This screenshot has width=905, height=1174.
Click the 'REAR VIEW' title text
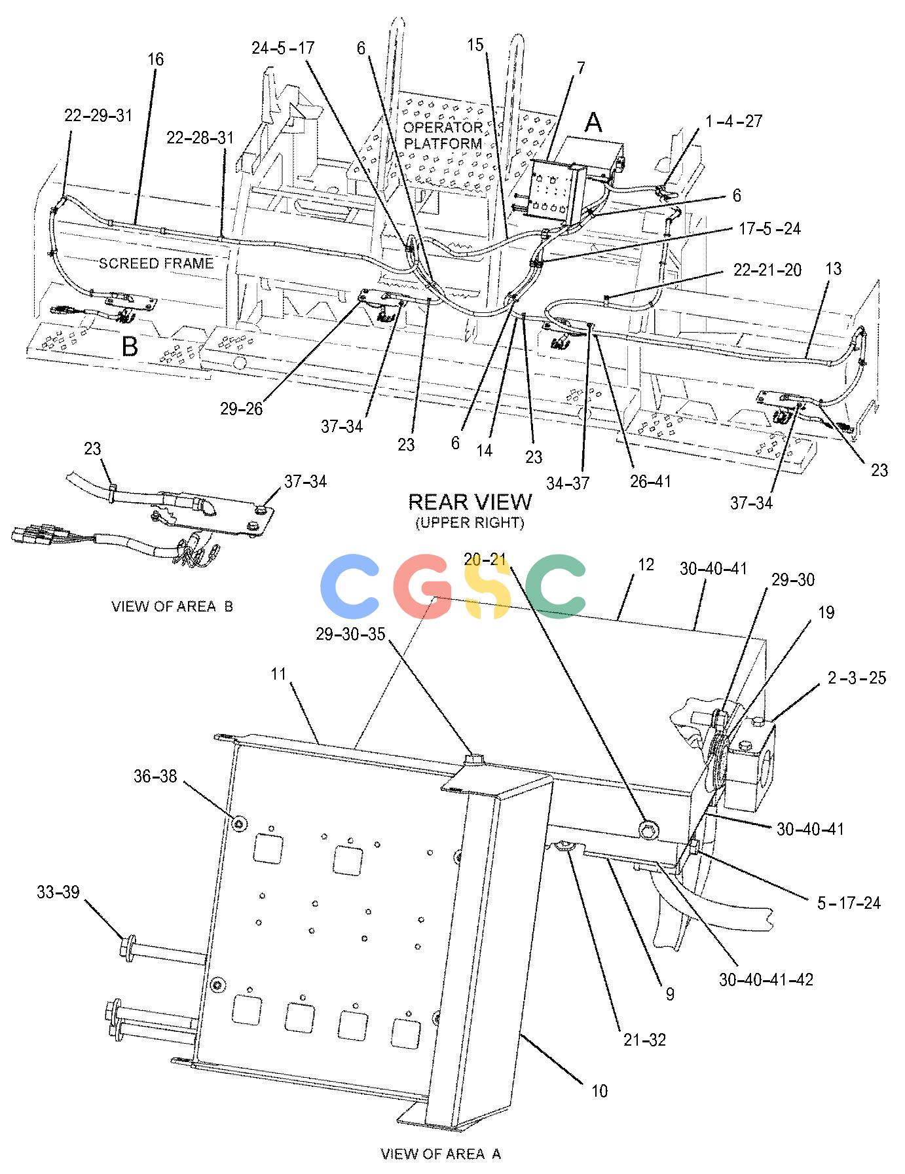coord(470,502)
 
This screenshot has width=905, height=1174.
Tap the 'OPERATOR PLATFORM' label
coord(443,135)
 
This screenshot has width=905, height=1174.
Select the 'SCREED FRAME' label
coord(156,263)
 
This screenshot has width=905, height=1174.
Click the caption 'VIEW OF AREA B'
coord(172,606)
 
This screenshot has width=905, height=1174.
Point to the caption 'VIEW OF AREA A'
coord(441,1154)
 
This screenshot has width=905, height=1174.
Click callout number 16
coord(155,60)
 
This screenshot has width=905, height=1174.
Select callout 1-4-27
coord(734,121)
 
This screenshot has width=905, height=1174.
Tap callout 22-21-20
coord(767,270)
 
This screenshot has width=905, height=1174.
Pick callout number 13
coord(833,269)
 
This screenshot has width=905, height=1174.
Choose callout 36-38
coord(155,777)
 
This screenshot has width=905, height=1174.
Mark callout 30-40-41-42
coord(766,980)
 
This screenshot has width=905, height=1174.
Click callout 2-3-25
coord(857,678)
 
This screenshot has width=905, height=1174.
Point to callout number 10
coord(599,1091)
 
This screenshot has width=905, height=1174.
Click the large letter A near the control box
coord(593,122)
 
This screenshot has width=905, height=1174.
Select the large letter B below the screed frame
coord(130,346)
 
